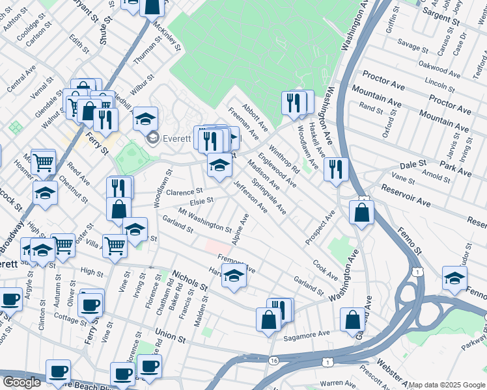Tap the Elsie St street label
pyautogui.click(x=202, y=201)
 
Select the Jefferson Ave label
pyautogui.click(x=251, y=197)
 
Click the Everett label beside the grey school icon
pyautogui.click(x=177, y=138)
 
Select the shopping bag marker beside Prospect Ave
pyautogui.click(x=361, y=213)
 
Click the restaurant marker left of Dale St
pyautogui.click(x=335, y=170)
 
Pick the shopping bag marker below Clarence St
pyautogui.click(x=118, y=209)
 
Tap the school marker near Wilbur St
pyautogui.click(x=145, y=119)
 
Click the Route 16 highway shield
pyautogui.click(x=273, y=360)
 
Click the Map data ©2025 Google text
pyautogui.click(x=447, y=385)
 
